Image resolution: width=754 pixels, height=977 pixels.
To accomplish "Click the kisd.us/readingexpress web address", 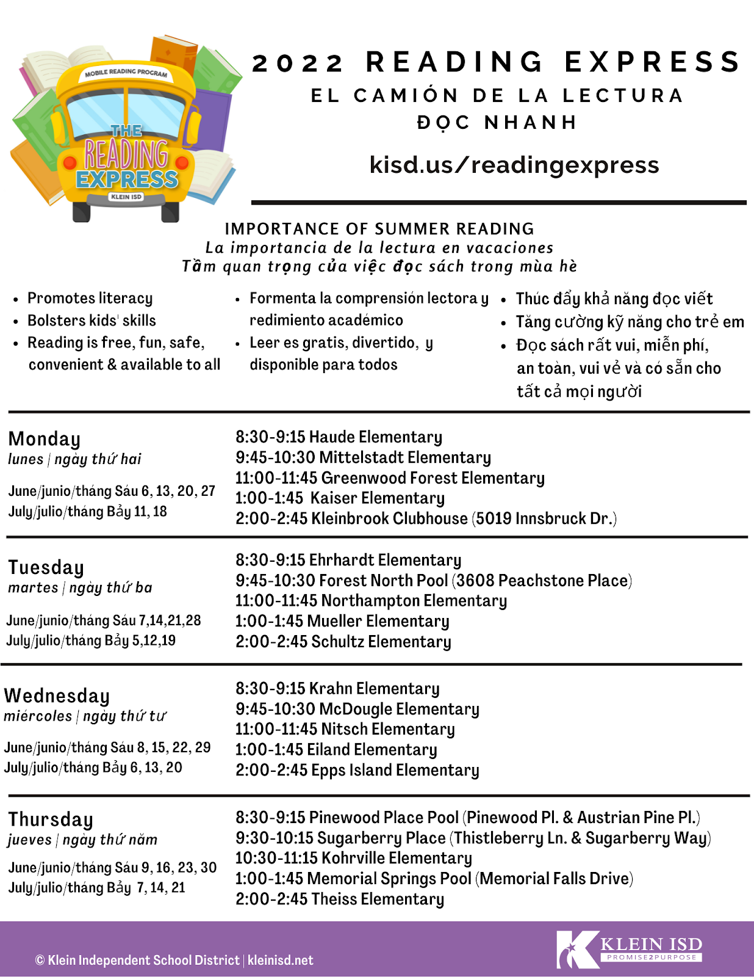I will pos(514,165).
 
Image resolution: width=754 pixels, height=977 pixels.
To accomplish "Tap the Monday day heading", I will pos(45,439).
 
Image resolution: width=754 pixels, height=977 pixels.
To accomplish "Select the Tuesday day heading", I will pos(46,567).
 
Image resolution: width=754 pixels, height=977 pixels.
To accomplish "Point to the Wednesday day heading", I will pos(57,696).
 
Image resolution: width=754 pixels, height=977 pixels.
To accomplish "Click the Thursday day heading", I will pos(51,819).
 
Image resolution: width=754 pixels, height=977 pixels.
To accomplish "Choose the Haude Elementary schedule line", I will pos(339,437).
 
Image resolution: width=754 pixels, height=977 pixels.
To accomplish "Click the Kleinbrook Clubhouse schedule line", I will pos(426,518).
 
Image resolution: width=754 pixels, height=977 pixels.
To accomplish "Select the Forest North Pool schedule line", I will pos(433,580).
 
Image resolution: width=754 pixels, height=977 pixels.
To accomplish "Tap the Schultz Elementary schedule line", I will pos(343,642).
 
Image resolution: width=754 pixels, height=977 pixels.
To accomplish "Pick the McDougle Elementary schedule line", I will pos(357,709).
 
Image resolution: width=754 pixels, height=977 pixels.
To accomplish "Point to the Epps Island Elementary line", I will pos(357,770).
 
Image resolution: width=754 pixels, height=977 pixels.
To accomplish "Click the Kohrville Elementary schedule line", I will pos(353,858).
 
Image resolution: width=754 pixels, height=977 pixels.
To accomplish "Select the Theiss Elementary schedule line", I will pos(339,899).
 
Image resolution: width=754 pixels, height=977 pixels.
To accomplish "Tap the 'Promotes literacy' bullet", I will pos(90,298).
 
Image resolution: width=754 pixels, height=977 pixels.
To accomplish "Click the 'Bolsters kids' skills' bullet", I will pos(92,321).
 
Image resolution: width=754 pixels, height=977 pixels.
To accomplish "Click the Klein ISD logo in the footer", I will pos(630,950).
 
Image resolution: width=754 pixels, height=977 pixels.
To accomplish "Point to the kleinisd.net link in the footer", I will pos(280,961).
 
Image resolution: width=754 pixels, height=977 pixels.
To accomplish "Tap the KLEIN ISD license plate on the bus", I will pos(126,197).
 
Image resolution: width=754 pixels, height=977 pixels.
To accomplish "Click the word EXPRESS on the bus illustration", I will pos(127,180).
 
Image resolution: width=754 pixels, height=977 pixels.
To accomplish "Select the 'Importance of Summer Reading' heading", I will pos(379,229).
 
